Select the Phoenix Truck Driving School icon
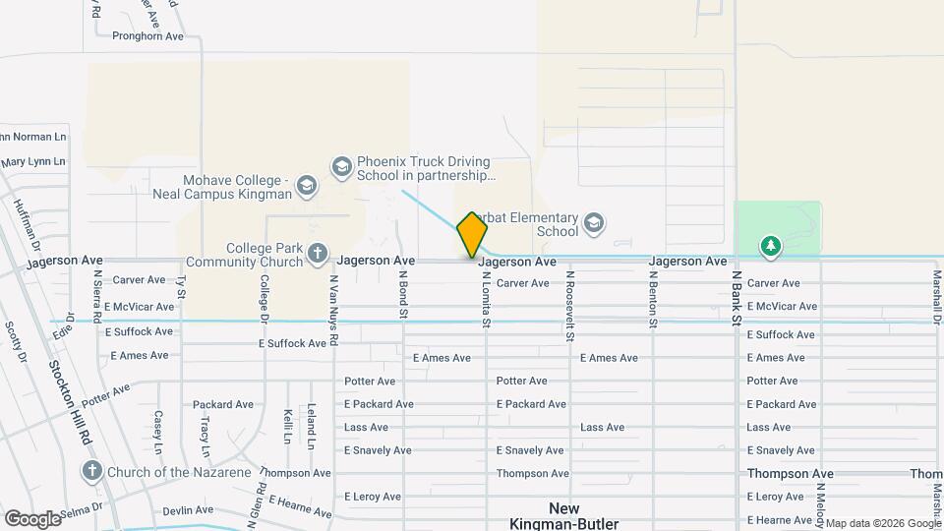(341, 165)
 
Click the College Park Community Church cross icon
(317, 254)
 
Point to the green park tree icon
(772, 246)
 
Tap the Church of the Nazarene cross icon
(92, 471)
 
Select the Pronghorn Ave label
(147, 36)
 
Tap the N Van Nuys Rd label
(334, 310)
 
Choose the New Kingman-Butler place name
(564, 516)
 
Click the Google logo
(32, 518)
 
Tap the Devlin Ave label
(188, 510)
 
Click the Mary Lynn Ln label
(32, 161)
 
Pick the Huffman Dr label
(26, 222)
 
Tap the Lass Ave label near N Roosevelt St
(602, 428)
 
